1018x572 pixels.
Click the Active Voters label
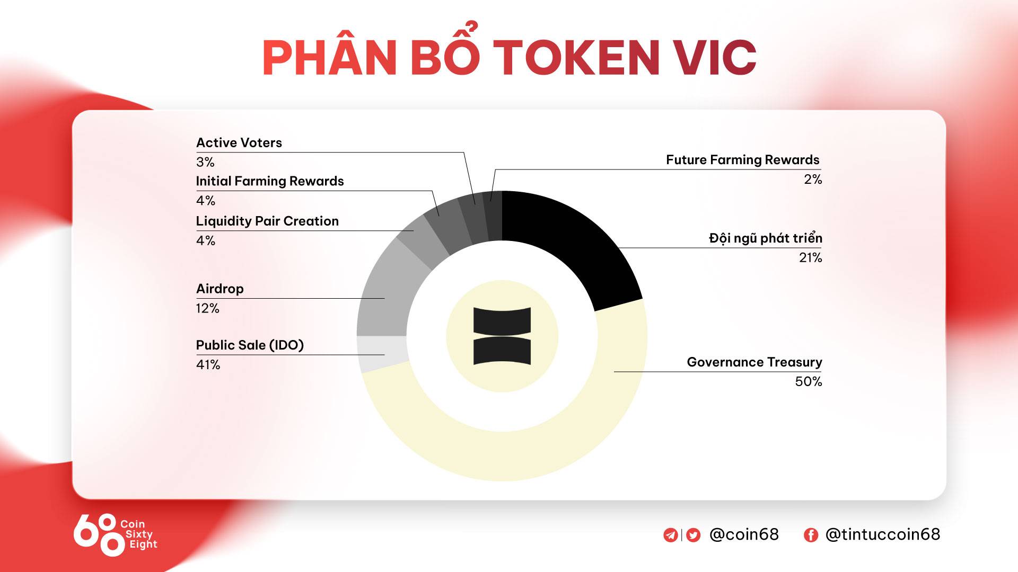coord(239,143)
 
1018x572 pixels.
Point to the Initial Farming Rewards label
coord(270,182)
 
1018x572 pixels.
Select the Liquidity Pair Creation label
coord(267,221)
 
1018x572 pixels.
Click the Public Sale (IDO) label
coord(250,345)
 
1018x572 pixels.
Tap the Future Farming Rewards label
coord(742,160)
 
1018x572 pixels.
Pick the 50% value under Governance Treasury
coord(808,382)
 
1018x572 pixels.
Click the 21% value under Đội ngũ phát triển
coord(810,258)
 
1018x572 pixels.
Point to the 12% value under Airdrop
coord(207,308)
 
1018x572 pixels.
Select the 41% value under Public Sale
coord(208,365)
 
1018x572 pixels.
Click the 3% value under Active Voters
coord(205,162)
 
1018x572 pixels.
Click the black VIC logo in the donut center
coord(502,336)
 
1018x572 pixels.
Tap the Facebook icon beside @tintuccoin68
coord(811,535)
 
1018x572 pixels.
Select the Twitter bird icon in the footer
coord(693,535)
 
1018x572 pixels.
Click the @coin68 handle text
coord(744,534)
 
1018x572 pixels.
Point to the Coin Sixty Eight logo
coord(115,534)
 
